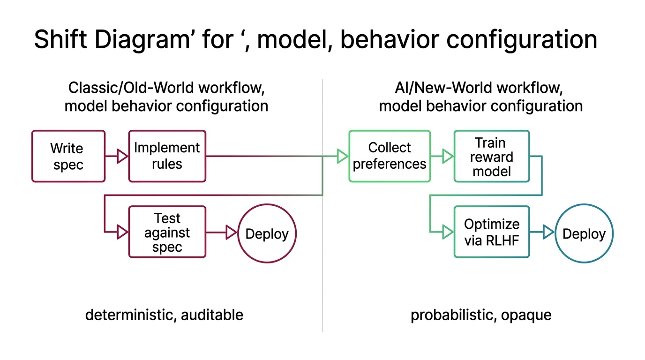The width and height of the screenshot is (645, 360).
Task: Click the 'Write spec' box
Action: pyautogui.click(x=68, y=156)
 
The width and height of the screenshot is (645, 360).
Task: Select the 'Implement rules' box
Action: pyautogui.click(x=167, y=156)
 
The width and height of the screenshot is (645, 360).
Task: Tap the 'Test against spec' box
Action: pyautogui.click(x=167, y=232)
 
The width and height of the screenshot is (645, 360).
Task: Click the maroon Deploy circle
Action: pyautogui.click(x=267, y=233)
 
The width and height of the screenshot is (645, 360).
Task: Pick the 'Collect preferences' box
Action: pyautogui.click(x=389, y=156)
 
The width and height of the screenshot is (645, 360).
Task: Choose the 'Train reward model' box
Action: pyautogui.click(x=491, y=156)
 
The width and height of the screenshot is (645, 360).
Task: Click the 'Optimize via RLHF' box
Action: pyautogui.click(x=491, y=232)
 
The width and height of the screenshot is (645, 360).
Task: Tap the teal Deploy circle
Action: pyautogui.click(x=584, y=233)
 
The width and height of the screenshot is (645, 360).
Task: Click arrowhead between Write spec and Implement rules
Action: pyautogui.click(x=122, y=156)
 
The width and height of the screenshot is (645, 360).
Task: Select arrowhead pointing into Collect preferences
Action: pyautogui.click(x=343, y=156)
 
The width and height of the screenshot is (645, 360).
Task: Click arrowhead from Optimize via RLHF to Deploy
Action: pyautogui.click(x=548, y=232)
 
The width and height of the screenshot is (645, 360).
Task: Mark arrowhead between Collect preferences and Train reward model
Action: pyautogui.click(x=448, y=156)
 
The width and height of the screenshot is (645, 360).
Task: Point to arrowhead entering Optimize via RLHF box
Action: pyautogui.click(x=448, y=232)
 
